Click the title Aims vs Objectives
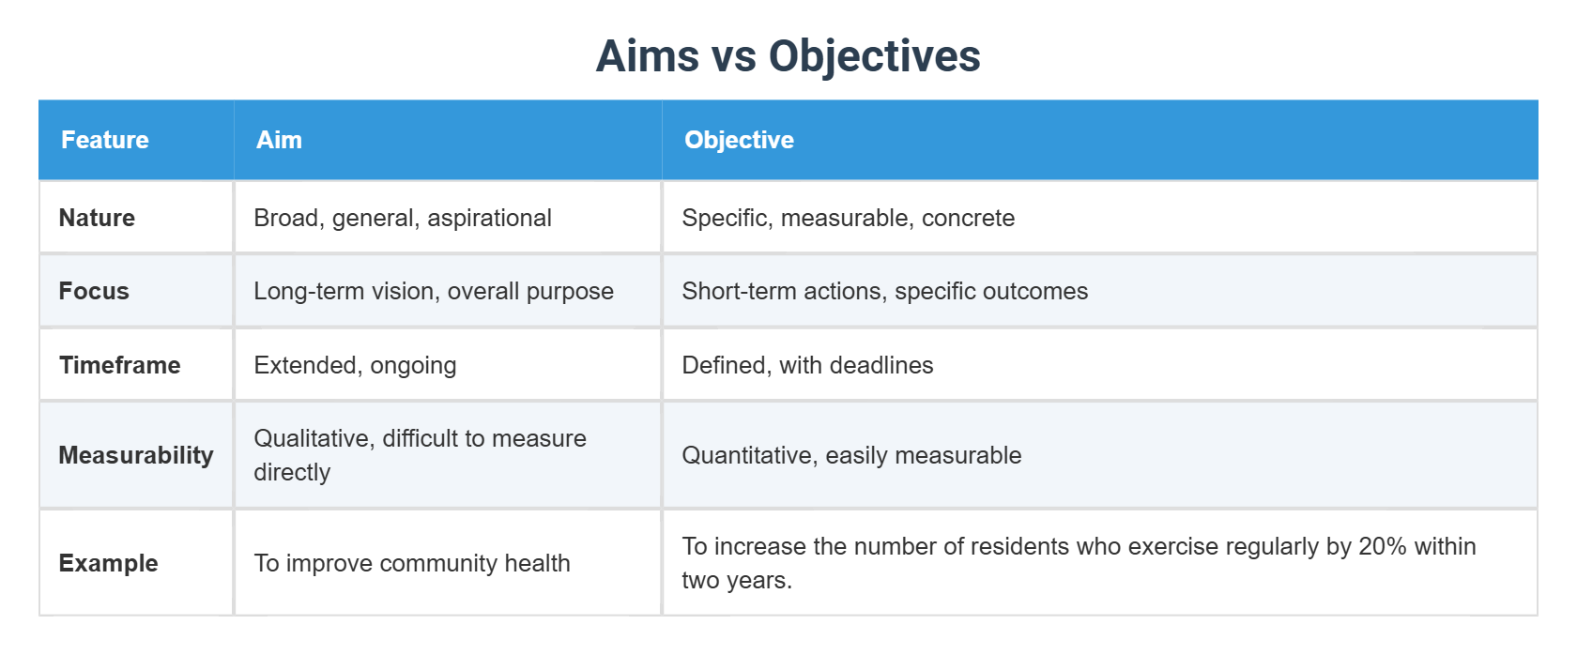[788, 56]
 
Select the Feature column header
[105, 140]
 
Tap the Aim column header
[279, 140]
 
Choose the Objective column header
[739, 140]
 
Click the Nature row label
[97, 218]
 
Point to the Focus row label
[94, 291]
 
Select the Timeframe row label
[119, 365]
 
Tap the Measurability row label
[136, 455]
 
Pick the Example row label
[108, 563]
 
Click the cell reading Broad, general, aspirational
[403, 218]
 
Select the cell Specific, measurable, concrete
[848, 218]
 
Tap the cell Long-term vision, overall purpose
[434, 291]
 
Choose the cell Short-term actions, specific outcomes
[884, 291]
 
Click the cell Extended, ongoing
[355, 365]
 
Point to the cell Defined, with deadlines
[807, 365]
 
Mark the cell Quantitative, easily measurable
[851, 455]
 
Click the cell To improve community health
[412, 563]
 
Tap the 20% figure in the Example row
[1382, 546]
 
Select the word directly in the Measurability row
[292, 472]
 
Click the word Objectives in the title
[874, 56]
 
